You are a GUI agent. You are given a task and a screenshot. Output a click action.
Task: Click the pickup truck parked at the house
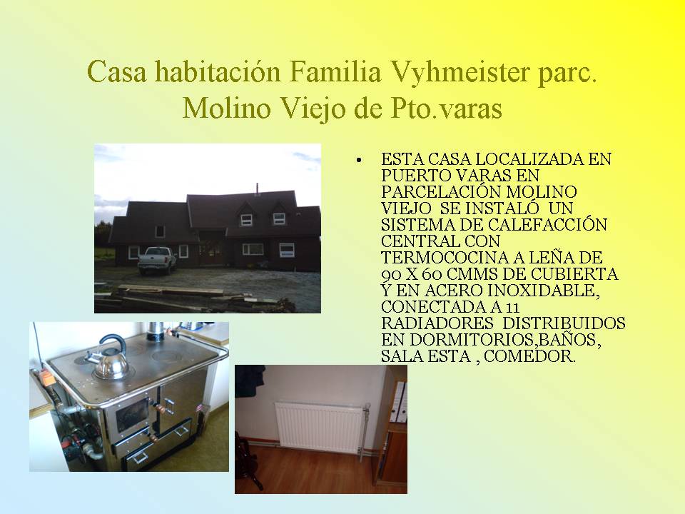[x=157, y=261]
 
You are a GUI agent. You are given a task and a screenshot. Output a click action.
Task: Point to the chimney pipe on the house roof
[x=258, y=188]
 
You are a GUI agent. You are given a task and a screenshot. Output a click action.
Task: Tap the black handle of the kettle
[x=113, y=343]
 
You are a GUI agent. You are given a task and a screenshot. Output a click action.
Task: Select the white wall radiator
[x=320, y=428]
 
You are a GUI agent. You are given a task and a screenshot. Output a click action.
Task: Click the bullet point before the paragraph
[x=359, y=161]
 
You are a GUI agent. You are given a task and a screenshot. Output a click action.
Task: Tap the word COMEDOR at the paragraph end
[x=530, y=356]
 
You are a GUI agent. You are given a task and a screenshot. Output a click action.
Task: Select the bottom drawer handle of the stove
[x=141, y=457]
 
